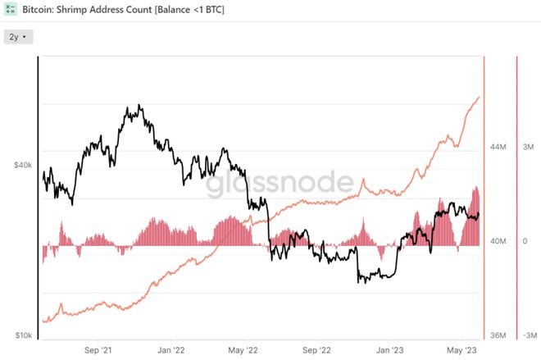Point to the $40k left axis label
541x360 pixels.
point(22,165)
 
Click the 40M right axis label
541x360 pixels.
point(498,241)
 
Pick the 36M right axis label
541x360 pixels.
point(498,335)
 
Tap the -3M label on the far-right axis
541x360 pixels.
point(529,335)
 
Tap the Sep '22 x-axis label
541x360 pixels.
point(316,349)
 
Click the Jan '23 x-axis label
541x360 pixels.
point(389,349)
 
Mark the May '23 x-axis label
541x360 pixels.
point(461,349)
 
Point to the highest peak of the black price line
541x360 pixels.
point(140,106)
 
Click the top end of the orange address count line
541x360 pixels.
point(480,97)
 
